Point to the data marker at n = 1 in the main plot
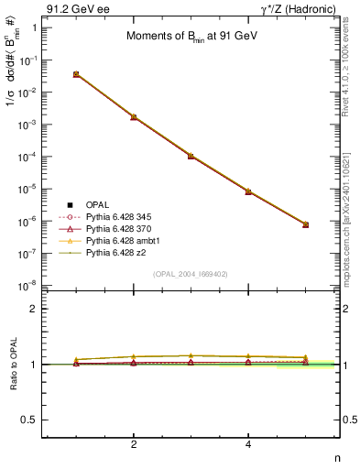tap(76, 74)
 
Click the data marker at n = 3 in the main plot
tap(191, 156)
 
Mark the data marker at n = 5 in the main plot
tap(305, 224)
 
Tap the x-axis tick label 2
tap(134, 444)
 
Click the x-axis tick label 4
tap(248, 444)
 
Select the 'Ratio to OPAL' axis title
tap(12, 365)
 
